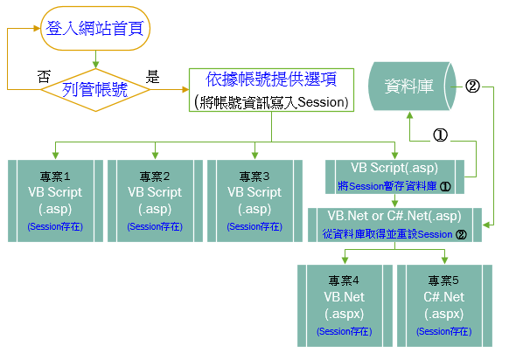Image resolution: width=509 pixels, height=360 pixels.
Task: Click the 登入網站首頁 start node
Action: [95, 29]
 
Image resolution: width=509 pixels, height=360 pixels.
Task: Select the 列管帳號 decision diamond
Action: [95, 90]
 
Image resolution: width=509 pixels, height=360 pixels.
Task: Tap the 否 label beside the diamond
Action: [44, 77]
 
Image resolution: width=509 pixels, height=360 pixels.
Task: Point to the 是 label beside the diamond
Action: [152, 77]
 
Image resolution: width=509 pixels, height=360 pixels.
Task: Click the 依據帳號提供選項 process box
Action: [271, 90]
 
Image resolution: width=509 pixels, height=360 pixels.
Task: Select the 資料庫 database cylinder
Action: [412, 87]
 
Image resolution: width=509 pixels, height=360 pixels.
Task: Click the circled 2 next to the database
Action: [472, 87]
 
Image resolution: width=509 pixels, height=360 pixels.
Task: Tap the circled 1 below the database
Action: [440, 135]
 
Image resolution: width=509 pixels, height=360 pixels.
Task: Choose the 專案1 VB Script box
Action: [55, 201]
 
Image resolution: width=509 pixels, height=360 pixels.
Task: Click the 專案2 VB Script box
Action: [155, 201]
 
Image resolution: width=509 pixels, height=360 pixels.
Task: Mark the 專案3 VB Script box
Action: [254, 201]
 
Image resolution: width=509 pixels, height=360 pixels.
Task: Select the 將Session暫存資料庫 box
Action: [394, 177]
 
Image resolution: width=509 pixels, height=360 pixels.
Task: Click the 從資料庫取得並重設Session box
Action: [394, 225]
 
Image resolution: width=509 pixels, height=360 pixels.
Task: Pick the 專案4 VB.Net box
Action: [345, 306]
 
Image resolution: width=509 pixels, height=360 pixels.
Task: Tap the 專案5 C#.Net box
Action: [445, 306]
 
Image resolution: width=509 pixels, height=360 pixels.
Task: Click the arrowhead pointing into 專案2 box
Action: [155, 156]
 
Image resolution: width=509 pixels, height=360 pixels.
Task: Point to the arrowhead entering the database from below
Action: [409, 115]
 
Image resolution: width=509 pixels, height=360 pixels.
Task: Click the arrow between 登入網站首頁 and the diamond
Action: [95, 59]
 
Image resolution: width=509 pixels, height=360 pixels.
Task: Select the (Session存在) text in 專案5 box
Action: [443, 331]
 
